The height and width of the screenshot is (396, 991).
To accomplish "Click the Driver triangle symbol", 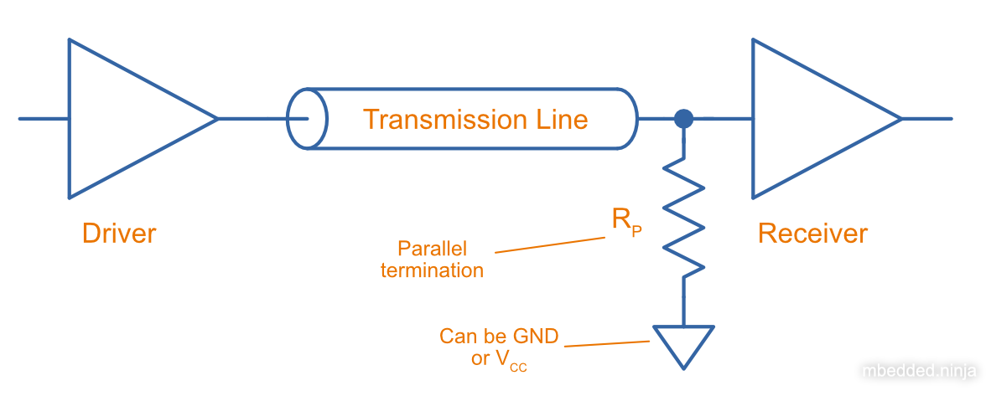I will pos(126,118).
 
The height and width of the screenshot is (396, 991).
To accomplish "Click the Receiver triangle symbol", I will pos(809,118).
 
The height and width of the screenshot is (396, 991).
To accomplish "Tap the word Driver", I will pos(119,233).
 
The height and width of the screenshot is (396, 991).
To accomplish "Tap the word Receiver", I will pos(812,233).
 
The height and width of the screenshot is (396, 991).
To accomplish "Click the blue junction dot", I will pos(684,118).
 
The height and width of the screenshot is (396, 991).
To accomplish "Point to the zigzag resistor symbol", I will pos(684,218).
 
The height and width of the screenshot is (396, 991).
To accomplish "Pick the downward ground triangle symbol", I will pos(684,343).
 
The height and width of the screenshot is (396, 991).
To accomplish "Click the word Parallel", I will pos(432,249).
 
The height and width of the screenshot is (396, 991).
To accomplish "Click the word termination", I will pos(432,270).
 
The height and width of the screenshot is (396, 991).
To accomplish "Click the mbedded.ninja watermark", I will pos(921,369).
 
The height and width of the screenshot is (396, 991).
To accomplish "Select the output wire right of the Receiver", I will pos(926,119).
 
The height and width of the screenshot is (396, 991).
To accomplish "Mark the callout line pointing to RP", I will pos(550,244).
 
